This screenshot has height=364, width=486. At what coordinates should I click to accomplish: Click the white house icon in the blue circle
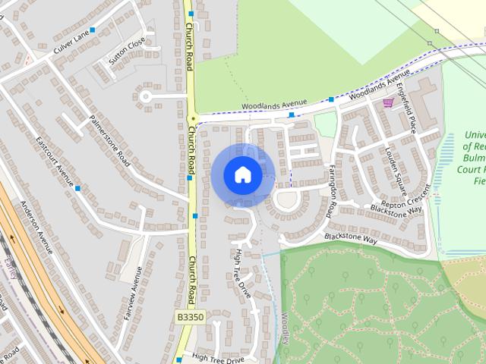pos(242,175)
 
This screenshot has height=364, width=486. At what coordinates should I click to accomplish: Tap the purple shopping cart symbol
pos(388,102)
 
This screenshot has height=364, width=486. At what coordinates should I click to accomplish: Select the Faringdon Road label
pos(332,190)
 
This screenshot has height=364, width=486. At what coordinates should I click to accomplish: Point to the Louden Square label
pos(397,166)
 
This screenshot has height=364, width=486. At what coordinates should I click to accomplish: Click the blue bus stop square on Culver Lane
pos(92,30)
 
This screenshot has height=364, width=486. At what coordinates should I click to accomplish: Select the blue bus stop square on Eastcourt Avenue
pos(77,187)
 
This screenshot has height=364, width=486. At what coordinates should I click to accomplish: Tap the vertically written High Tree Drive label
pos(242,273)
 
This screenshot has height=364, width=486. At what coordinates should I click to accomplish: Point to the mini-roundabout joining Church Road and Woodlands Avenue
pos(193,119)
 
